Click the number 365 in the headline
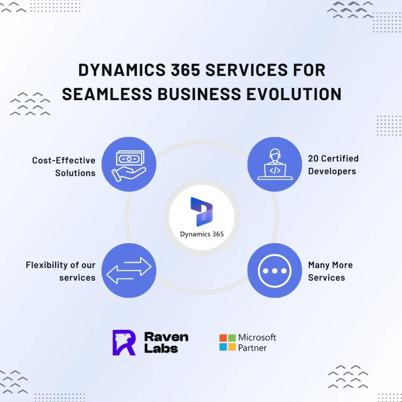(185, 70)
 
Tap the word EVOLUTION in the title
(294, 94)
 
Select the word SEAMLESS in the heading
(107, 94)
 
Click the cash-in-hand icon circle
(129, 164)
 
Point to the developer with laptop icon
(275, 164)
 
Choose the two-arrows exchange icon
(129, 270)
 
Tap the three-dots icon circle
(275, 270)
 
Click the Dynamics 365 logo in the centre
(202, 212)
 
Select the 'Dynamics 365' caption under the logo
(202, 234)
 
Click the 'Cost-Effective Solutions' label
(64, 166)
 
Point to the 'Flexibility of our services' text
(60, 271)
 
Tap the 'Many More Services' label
(331, 271)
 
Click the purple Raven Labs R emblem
(124, 342)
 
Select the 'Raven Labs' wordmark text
(166, 342)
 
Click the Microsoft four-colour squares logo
(227, 342)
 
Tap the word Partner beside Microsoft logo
(252, 348)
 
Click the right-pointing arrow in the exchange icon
(138, 267)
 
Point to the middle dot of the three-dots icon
(274, 271)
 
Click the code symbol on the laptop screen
(275, 170)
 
